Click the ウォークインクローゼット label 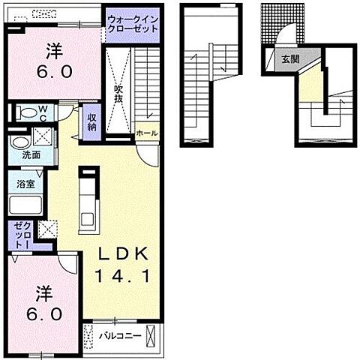point(132,22)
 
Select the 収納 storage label point(92,121)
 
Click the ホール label point(147,133)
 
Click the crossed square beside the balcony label point(153,335)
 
